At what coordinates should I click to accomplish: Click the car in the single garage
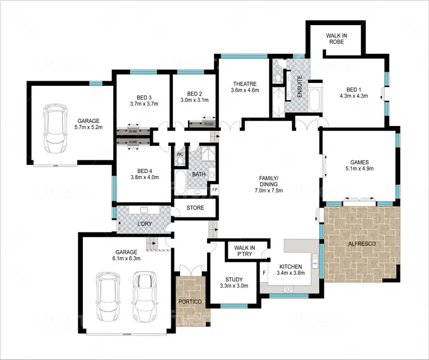(55, 124)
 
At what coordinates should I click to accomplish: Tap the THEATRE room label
(245, 84)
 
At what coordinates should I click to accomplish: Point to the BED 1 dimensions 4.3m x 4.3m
(353, 96)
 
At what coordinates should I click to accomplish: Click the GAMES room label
(359, 162)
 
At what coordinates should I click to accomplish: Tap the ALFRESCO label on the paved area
(362, 244)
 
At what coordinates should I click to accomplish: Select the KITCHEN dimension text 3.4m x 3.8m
(291, 274)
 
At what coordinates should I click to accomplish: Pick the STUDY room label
(233, 279)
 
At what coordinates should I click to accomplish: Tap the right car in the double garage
(144, 295)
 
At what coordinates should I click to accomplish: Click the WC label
(179, 154)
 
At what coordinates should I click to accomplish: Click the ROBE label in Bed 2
(209, 124)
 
